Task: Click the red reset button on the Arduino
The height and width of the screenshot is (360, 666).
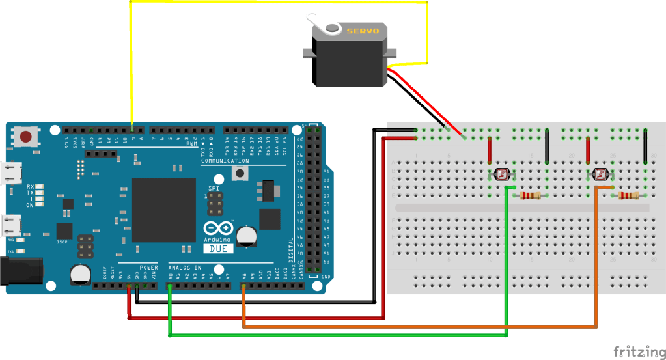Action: coord(25,137)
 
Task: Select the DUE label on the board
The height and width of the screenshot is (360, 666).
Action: coord(218,249)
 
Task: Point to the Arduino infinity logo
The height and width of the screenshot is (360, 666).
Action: coord(218,230)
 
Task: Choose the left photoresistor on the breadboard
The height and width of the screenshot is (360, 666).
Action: coord(502,174)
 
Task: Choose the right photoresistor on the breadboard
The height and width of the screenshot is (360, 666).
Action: coord(600,174)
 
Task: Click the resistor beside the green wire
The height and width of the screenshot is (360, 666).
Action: coord(531,195)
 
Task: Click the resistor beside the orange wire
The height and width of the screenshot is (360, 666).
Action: coord(628,195)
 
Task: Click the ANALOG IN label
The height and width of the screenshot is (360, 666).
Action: coord(185,268)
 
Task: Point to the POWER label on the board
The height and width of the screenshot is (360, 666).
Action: coord(148,268)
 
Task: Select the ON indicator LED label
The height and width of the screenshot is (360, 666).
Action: coord(31,205)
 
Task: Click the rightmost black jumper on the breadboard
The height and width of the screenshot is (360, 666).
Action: coord(645,146)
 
